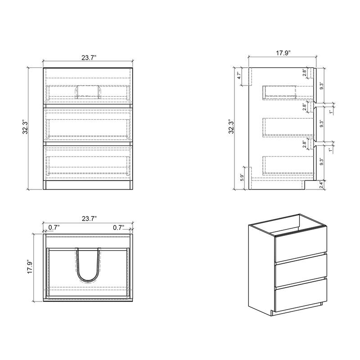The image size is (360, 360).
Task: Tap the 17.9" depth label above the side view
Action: (283, 53)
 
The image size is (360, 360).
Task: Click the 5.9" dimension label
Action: (242, 178)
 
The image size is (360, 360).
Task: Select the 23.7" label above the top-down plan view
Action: (88, 219)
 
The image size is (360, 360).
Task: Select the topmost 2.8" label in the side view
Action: (305, 72)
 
